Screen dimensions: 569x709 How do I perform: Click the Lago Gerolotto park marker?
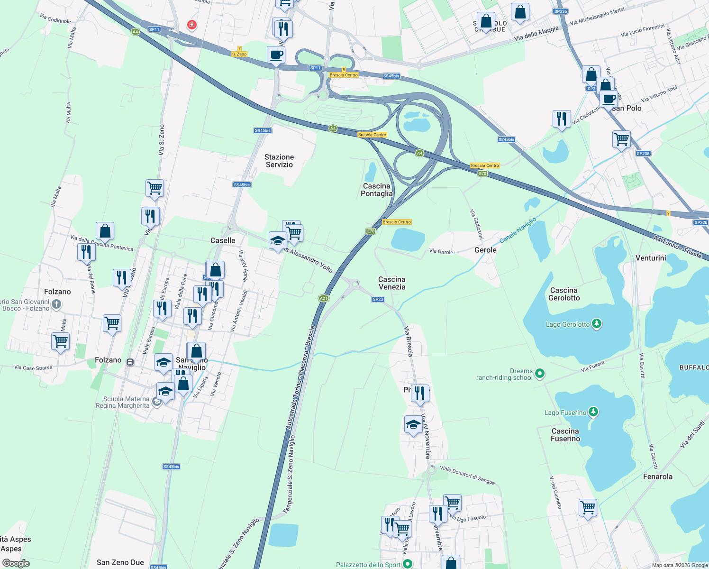(x=597, y=324)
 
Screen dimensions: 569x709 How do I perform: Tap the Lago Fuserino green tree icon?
(x=593, y=412)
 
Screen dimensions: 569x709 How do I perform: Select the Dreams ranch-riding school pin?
(x=540, y=374)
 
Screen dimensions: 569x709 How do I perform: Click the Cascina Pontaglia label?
(x=377, y=190)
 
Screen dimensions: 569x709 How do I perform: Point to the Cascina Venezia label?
(x=392, y=283)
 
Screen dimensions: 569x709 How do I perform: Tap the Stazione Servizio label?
(x=279, y=161)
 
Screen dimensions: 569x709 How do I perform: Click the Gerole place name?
(x=485, y=250)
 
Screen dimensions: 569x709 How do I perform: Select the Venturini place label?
(x=651, y=258)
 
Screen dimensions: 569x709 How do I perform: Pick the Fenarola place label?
(x=657, y=477)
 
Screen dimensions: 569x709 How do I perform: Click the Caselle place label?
(x=223, y=240)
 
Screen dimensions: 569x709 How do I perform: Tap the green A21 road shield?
(x=324, y=298)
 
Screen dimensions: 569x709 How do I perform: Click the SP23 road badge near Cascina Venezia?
(x=378, y=299)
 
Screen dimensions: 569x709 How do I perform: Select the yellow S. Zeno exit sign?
(x=239, y=54)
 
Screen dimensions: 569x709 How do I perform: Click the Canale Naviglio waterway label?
(x=518, y=230)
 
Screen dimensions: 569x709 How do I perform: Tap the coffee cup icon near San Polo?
(x=609, y=100)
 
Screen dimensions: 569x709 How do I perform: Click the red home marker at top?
(x=192, y=25)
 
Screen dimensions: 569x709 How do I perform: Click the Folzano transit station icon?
(x=130, y=362)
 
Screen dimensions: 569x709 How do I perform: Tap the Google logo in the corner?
(x=16, y=563)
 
